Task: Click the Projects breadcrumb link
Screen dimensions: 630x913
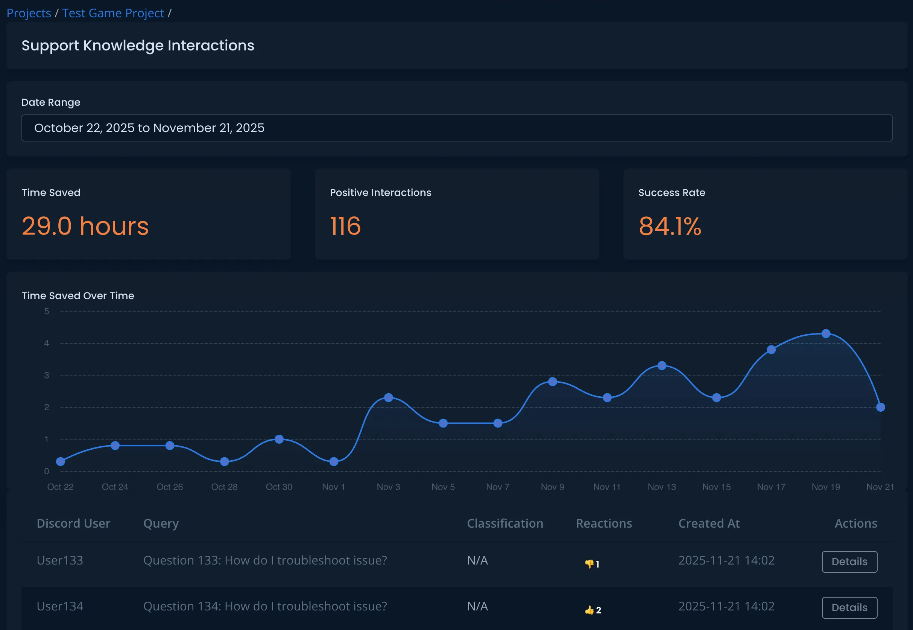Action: pos(29,13)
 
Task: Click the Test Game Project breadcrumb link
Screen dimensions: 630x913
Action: pos(113,13)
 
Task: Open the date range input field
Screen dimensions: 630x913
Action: pos(457,128)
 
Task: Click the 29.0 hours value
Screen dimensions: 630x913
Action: pos(85,226)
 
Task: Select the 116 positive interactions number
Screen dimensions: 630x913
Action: pos(345,226)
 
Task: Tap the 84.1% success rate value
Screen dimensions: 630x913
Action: pos(670,226)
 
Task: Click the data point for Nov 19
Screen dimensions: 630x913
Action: pos(826,333)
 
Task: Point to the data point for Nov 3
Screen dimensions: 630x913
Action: pos(388,397)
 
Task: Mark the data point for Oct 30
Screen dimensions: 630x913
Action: pos(279,439)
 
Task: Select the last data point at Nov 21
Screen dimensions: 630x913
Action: pos(880,407)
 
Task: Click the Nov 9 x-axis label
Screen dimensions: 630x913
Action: pos(552,487)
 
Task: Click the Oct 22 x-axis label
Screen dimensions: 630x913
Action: pos(60,487)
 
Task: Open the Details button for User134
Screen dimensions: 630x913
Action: pos(849,607)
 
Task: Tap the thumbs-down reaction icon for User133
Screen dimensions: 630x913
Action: pos(589,564)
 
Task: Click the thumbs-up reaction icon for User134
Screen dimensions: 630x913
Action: pos(589,610)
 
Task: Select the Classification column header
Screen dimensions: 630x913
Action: pos(505,523)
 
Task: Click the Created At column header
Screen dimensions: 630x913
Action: pos(709,523)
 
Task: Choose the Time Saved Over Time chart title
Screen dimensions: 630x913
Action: pos(78,296)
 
